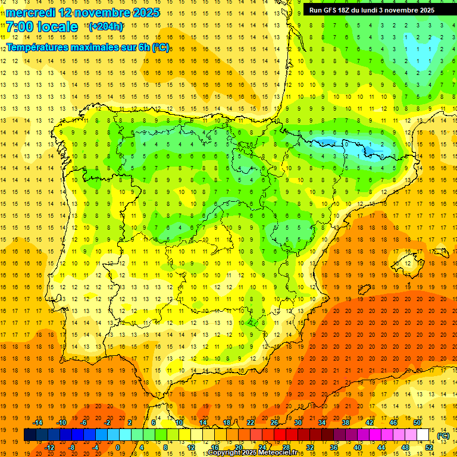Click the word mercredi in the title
click(x=31, y=12)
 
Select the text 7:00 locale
click(x=42, y=27)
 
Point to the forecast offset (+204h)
click(x=105, y=27)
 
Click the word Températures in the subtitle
click(x=37, y=46)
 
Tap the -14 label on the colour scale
click(x=38, y=422)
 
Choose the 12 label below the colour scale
click(x=191, y=447)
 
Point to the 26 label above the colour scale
click(x=274, y=422)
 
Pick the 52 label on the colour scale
click(x=429, y=447)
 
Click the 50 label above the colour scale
click(x=417, y=422)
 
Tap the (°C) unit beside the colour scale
click(x=443, y=436)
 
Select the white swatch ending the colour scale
click(x=423, y=435)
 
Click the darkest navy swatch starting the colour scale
click(x=30, y=435)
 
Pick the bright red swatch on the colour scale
click(x=280, y=435)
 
